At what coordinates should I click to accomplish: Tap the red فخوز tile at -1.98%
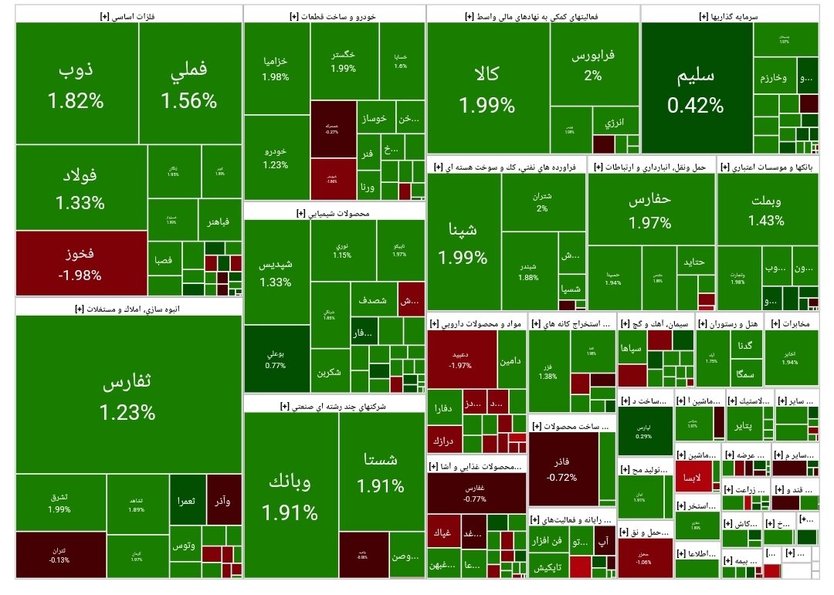tap(79, 263)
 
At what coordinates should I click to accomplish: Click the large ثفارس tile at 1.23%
tap(127, 395)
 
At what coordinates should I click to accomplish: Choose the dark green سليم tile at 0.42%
tap(696, 90)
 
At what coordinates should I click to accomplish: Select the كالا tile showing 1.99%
tap(487, 88)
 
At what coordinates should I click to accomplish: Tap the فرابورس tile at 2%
tap(593, 65)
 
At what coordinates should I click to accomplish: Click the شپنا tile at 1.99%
tap(463, 243)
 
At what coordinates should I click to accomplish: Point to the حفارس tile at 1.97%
tap(650, 209)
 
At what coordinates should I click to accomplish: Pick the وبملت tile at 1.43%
tap(766, 209)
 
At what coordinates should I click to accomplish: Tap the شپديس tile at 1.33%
tap(276, 272)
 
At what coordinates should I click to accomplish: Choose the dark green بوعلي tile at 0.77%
tap(276, 359)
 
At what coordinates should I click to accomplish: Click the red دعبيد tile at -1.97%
tap(461, 359)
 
